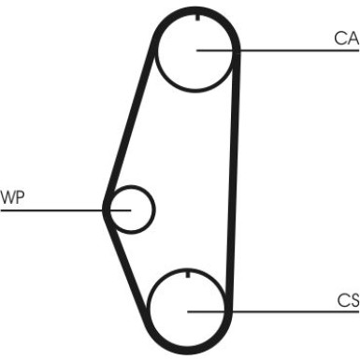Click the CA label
point(346,38)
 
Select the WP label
point(13,197)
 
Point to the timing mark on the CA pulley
point(197,17)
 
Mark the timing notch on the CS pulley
point(188,274)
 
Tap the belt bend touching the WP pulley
point(107,208)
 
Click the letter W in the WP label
point(8,197)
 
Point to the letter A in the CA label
point(352,38)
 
